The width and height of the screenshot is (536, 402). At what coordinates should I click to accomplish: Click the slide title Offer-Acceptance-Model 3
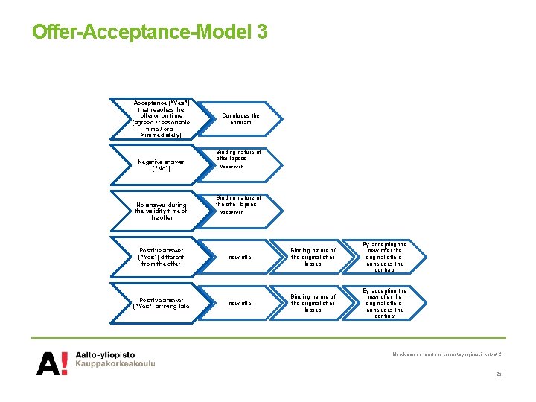click(149, 32)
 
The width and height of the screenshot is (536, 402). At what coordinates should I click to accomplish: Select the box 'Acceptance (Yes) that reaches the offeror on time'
click(161, 119)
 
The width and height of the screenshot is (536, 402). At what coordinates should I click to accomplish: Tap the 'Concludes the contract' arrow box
click(241, 118)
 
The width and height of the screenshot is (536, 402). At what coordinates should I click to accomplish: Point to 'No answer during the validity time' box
click(161, 211)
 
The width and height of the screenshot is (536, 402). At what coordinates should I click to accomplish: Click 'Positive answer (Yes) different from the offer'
click(161, 257)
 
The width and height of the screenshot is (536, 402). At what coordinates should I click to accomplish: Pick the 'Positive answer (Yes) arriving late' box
click(161, 303)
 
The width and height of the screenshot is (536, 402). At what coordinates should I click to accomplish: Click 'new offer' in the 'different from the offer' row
click(240, 257)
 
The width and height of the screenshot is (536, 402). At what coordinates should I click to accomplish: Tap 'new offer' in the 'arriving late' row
click(240, 303)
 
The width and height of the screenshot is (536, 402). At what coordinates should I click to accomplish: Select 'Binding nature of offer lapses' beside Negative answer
click(238, 155)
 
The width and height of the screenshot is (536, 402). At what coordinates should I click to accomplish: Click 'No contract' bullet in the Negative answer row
click(230, 167)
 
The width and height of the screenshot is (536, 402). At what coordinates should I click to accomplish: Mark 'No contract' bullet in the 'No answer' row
click(230, 212)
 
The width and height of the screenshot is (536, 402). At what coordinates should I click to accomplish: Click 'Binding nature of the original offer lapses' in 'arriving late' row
click(313, 303)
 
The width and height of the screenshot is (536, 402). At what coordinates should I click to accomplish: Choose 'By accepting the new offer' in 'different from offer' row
click(385, 257)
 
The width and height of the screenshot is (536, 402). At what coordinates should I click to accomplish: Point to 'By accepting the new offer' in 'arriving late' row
click(385, 303)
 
